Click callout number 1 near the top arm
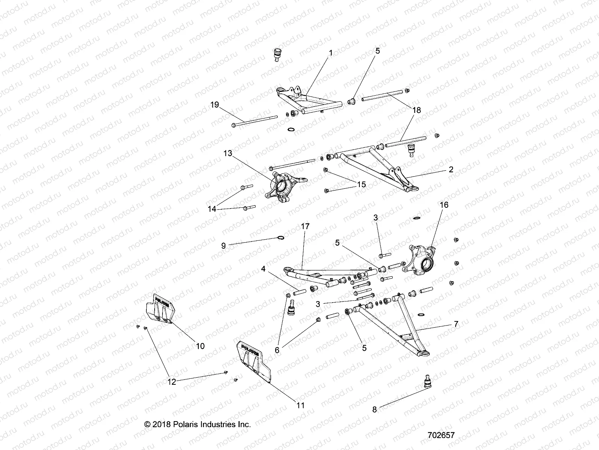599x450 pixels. click(x=330, y=53)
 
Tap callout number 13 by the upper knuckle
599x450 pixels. click(x=238, y=153)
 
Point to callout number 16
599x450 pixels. click(x=444, y=205)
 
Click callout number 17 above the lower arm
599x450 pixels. click(x=305, y=226)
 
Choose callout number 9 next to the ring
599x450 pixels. click(x=224, y=246)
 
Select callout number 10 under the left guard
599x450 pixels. click(x=200, y=346)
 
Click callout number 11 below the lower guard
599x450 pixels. click(x=300, y=405)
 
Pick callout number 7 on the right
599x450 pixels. click(x=456, y=324)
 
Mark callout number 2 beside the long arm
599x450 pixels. click(x=451, y=169)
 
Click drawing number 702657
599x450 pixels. click(x=441, y=435)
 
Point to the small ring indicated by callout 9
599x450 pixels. click(x=280, y=237)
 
